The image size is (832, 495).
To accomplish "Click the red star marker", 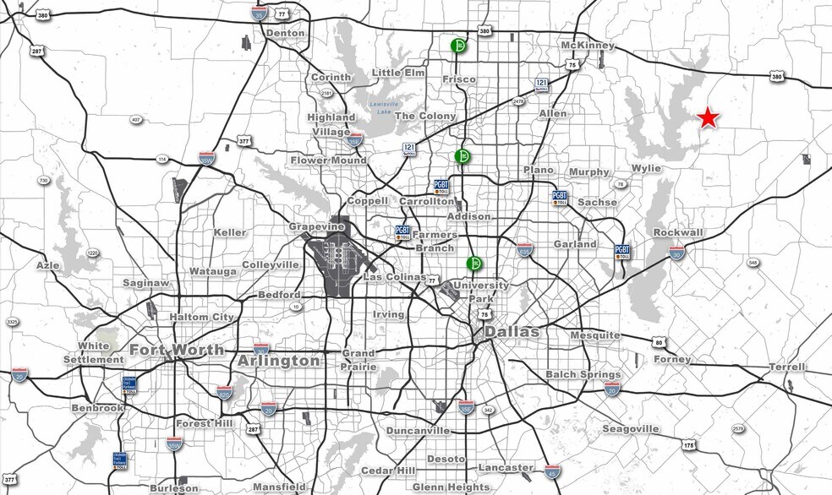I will tap(708, 118).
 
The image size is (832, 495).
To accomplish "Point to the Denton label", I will tap(284, 33).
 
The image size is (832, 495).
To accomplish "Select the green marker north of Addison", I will tap(463, 156).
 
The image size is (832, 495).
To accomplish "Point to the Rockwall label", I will tap(677, 232).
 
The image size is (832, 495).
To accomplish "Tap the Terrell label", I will tap(786, 367).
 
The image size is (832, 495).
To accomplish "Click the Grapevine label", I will tap(315, 227).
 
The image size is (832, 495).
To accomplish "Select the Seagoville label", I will tap(630, 429).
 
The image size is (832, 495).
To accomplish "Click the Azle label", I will tap(48, 265).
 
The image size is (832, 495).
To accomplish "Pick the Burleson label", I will tap(173, 488).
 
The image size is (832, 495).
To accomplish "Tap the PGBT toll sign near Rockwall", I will tap(622, 252).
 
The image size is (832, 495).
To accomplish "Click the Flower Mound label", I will tap(328, 160).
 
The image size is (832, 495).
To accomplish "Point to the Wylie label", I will tap(646, 168).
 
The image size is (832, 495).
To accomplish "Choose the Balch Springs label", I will tap(583, 374).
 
